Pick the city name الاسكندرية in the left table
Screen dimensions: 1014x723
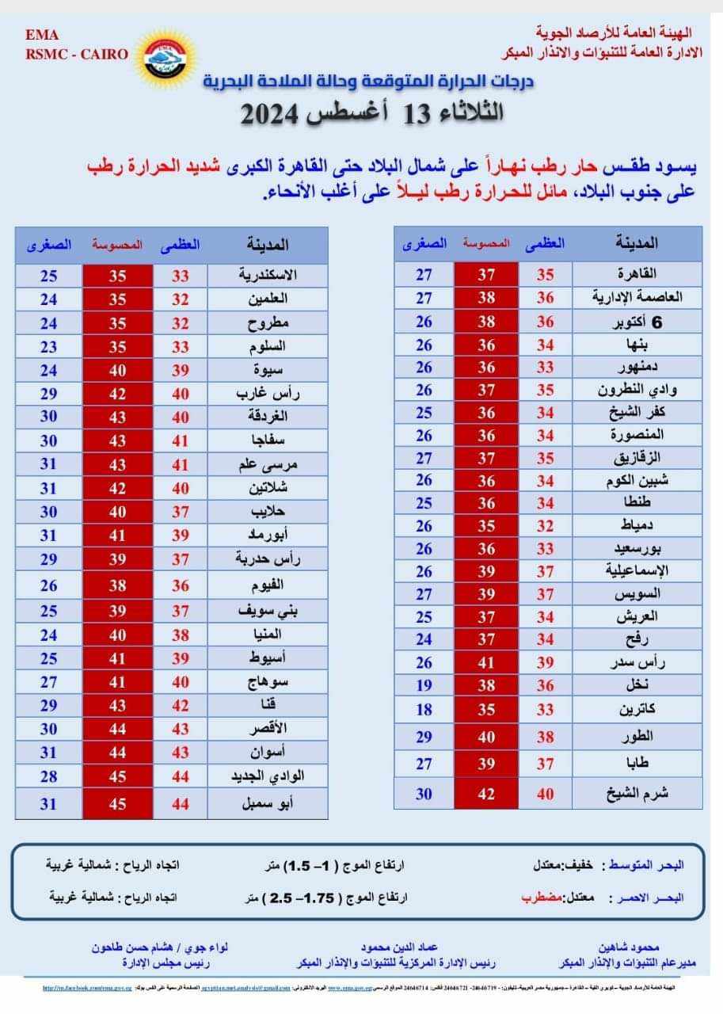pos(268,276)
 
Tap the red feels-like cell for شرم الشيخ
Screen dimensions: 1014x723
pos(486,793)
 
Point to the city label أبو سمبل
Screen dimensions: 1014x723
pos(268,804)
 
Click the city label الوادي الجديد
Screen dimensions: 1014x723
pos(268,776)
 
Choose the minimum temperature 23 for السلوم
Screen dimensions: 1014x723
pos(49,346)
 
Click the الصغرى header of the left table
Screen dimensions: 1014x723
pos(49,245)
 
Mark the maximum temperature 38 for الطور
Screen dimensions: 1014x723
pos(546,736)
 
